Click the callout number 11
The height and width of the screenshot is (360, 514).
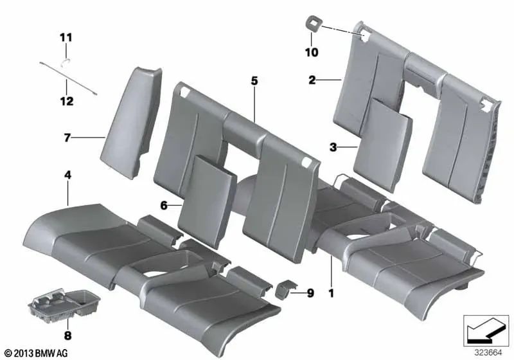pyautogui.click(x=67, y=38)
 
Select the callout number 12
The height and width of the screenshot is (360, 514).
pyautogui.click(x=67, y=101)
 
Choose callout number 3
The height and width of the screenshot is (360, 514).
pyautogui.click(x=333, y=147)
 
